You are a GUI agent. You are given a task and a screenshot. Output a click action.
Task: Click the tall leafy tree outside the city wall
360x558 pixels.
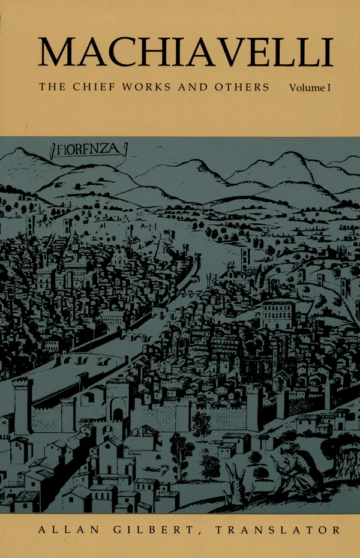click(182, 447)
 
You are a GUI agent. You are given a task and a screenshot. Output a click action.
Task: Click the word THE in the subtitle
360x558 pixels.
click(53, 87)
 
